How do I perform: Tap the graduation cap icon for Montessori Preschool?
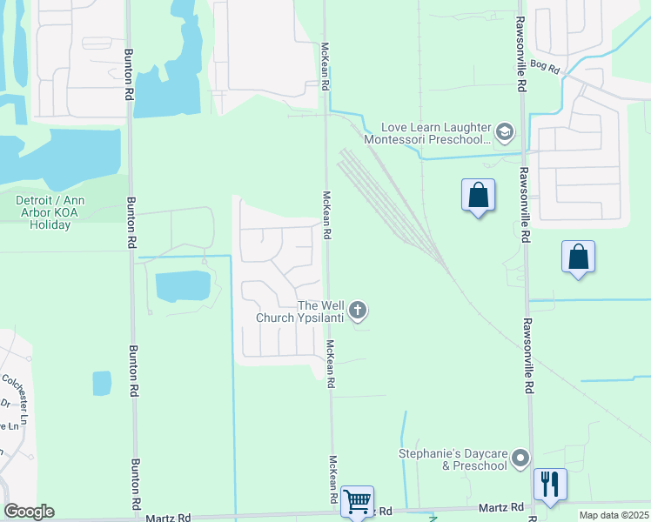505,133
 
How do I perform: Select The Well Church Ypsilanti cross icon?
358,310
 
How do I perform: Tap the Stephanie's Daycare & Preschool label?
453,459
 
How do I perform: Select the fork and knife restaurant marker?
549,484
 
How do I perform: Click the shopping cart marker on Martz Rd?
357,501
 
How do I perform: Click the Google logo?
29,512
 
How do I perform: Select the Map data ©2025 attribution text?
614,515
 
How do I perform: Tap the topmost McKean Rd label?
325,64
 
